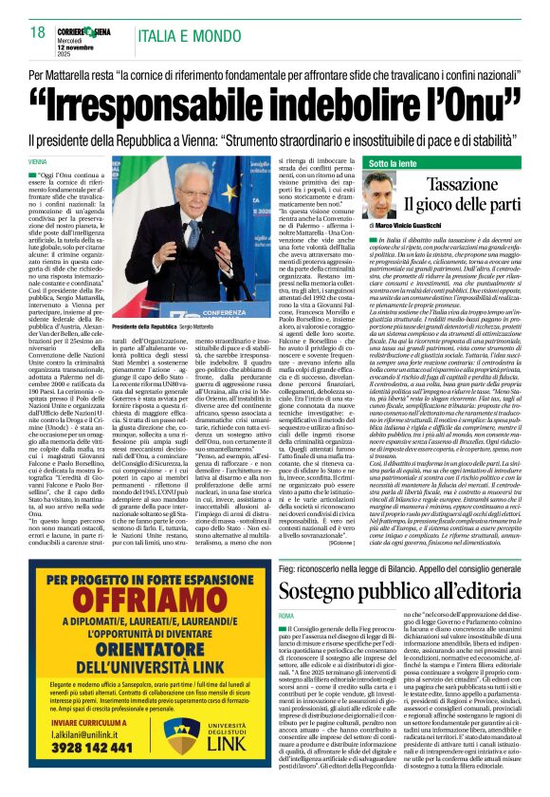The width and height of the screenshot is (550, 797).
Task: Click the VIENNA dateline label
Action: click(64, 162)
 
